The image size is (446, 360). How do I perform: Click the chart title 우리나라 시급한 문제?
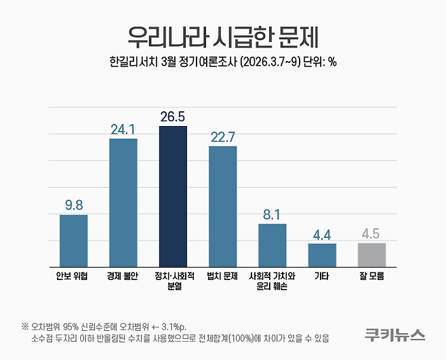click(222, 34)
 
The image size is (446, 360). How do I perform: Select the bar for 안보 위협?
click(73, 241)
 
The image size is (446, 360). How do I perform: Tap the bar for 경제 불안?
click(123, 203)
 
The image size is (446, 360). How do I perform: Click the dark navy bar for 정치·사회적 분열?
click(173, 197)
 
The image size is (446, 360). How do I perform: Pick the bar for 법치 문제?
click(222, 206)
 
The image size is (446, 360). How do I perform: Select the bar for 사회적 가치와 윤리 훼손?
click(272, 245)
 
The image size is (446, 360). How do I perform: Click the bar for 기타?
click(322, 255)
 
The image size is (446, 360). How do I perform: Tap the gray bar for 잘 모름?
click(371, 255)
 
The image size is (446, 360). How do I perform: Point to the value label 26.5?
click(173, 117)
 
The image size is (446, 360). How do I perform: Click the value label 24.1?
click(123, 129)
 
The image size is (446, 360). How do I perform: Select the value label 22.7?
click(222, 136)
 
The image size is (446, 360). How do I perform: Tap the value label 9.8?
click(73, 204)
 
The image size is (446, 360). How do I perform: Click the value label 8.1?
click(272, 214)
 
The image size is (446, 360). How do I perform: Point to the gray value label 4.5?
click(371, 233)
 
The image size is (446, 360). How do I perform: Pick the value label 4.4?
click(322, 234)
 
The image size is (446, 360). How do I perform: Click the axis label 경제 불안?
click(123, 277)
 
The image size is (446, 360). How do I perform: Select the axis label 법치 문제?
click(222, 277)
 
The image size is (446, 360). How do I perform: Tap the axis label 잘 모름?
click(371, 277)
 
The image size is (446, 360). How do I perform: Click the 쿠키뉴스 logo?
click(394, 334)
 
